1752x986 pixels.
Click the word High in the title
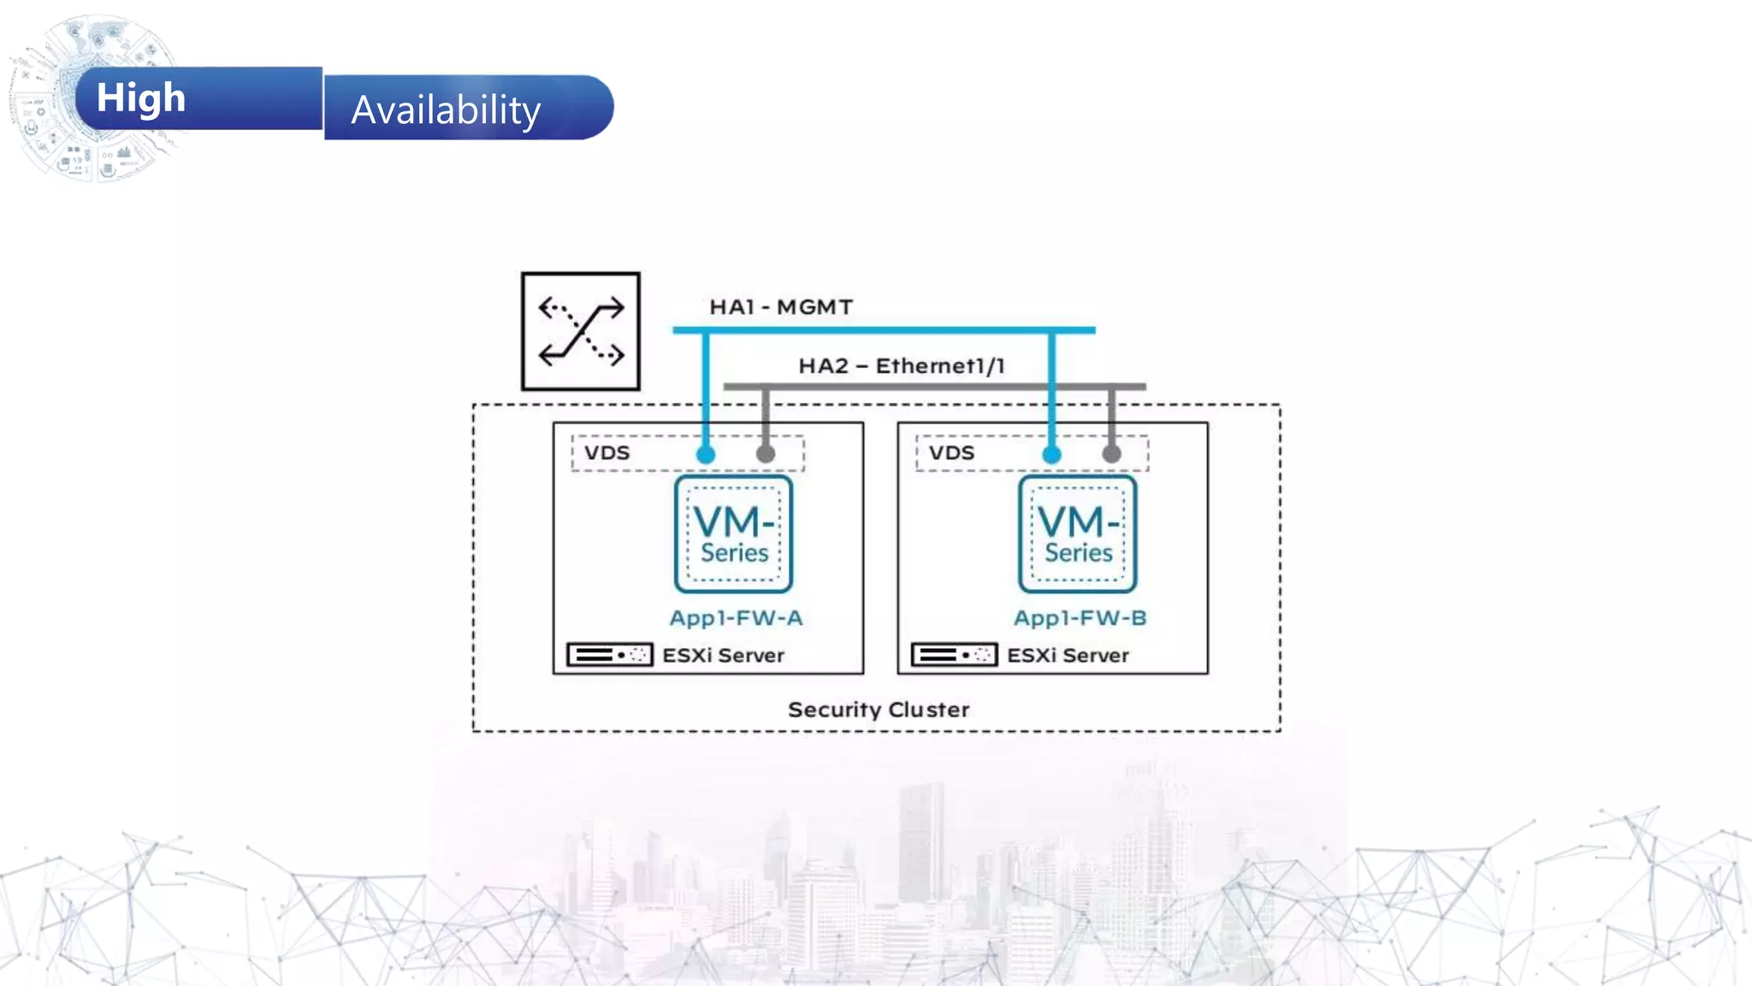pyautogui.click(x=141, y=98)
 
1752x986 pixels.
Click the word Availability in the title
pyautogui.click(x=446, y=110)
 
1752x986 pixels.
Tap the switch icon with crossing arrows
pyautogui.click(x=581, y=331)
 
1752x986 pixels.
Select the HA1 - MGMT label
pyautogui.click(x=781, y=307)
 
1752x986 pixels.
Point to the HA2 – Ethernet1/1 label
pyautogui.click(x=902, y=366)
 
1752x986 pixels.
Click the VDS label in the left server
pyautogui.click(x=607, y=453)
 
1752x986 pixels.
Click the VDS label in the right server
pyautogui.click(x=951, y=453)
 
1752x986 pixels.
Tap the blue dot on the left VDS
pyautogui.click(x=706, y=454)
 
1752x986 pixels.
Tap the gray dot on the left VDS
pyautogui.click(x=766, y=454)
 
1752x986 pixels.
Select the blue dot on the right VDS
pyautogui.click(x=1051, y=454)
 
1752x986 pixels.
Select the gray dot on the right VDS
pyautogui.click(x=1111, y=454)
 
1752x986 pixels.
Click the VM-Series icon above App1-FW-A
pyautogui.click(x=734, y=534)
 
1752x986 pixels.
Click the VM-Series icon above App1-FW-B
pyautogui.click(x=1078, y=534)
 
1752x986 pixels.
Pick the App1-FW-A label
pyautogui.click(x=736, y=618)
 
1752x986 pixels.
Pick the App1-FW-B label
pyautogui.click(x=1080, y=618)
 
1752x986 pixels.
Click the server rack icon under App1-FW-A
pyautogui.click(x=610, y=655)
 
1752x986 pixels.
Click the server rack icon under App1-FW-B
pyautogui.click(x=955, y=655)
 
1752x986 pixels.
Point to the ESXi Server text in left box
pyautogui.click(x=723, y=656)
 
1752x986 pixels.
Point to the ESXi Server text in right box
pyautogui.click(x=1068, y=656)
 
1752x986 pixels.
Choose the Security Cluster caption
pyautogui.click(x=879, y=710)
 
